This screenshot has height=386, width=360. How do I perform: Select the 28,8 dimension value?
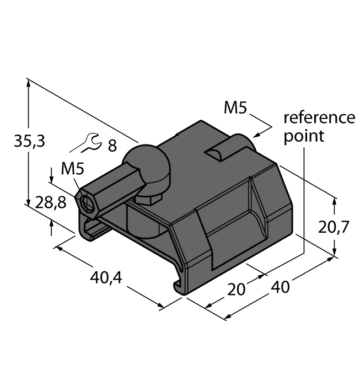(x=50, y=203)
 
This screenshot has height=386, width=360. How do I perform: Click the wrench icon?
(x=86, y=144)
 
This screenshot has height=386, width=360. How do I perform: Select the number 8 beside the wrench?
(x=112, y=146)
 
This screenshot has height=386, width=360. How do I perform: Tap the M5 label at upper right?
(x=235, y=108)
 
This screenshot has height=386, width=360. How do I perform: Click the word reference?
(x=319, y=118)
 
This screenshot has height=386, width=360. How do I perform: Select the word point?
(x=304, y=136)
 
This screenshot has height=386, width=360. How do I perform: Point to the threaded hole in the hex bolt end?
(x=87, y=203)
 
